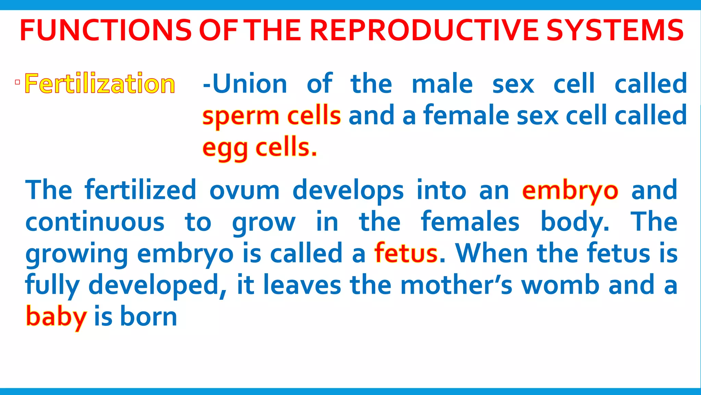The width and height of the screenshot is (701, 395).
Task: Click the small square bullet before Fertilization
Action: pyautogui.click(x=17, y=82)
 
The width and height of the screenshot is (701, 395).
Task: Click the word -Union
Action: pyautogui.click(x=245, y=84)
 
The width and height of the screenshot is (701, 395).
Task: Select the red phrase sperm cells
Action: pyautogui.click(x=271, y=116)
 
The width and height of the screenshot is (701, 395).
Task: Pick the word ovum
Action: pyautogui.click(x=244, y=191)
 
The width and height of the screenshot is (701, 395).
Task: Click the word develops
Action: pyautogui.click(x=348, y=191)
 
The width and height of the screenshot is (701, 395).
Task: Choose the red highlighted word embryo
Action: pyautogui.click(x=570, y=191)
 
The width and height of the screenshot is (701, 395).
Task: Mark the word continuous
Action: pyautogui.click(x=95, y=222)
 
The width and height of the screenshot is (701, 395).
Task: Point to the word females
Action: pyautogui.click(x=470, y=222)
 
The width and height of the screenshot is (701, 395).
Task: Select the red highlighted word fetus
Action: pyautogui.click(x=406, y=254)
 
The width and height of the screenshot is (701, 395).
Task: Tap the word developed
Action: pyautogui.click(x=157, y=285)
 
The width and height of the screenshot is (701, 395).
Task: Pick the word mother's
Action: pyautogui.click(x=456, y=285)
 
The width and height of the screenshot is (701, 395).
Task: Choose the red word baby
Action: pyautogui.click(x=56, y=317)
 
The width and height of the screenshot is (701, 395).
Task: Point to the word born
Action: pyautogui.click(x=149, y=317)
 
